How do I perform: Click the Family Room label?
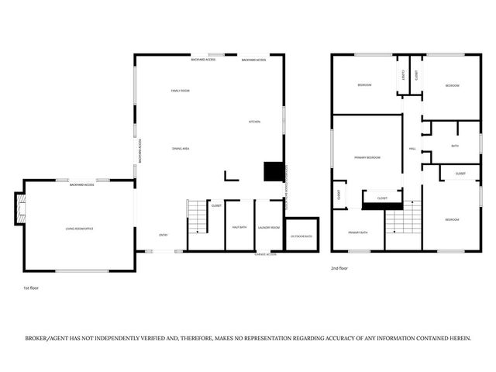(x=180, y=91)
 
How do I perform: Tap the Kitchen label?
(x=254, y=122)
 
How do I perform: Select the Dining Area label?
(x=181, y=148)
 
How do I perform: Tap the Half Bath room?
(x=239, y=226)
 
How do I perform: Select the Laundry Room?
(x=268, y=226)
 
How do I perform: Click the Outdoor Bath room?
(x=301, y=235)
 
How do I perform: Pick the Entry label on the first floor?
(x=164, y=235)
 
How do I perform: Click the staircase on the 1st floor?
(x=198, y=216)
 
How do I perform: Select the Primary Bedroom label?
(x=367, y=157)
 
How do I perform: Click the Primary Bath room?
(x=357, y=232)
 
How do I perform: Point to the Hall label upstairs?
(x=412, y=149)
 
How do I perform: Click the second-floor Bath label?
(x=455, y=146)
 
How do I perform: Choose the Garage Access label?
(x=266, y=254)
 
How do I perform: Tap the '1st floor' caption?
(x=31, y=288)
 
